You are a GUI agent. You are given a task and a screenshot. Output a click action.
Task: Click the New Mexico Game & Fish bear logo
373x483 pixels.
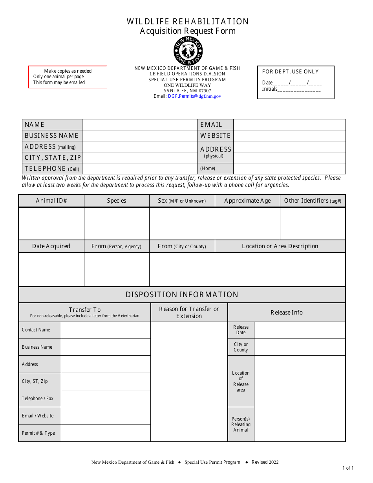[x=188, y=51]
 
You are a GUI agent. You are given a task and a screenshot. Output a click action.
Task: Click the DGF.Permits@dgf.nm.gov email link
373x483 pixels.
[x=194, y=96]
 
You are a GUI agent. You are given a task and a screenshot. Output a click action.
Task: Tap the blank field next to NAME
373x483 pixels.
[x=140, y=124]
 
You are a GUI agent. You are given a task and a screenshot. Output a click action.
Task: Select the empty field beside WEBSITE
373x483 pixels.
[x=289, y=135]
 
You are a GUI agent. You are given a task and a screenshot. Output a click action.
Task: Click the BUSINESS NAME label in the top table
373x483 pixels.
[x=52, y=135]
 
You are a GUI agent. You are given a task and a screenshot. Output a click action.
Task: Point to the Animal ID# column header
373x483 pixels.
[x=51, y=201]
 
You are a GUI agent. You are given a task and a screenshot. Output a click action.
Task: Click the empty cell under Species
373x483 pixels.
[x=117, y=223]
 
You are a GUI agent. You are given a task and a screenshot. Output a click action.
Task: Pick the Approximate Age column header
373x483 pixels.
[x=247, y=201]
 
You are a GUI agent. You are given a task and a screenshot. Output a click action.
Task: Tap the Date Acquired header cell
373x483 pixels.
[x=51, y=246]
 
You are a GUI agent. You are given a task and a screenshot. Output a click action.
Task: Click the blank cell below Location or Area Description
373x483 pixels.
[x=280, y=269]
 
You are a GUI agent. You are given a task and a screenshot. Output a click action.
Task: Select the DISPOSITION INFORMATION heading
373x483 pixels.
[x=182, y=295]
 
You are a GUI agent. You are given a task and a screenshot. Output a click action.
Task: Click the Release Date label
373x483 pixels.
[x=241, y=330]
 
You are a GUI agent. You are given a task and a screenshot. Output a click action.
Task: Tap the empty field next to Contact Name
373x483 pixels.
[x=106, y=330]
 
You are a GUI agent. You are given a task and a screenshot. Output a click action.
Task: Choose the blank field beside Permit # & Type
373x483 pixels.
[x=106, y=433]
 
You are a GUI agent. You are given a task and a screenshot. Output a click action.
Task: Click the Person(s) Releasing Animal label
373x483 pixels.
[x=241, y=424]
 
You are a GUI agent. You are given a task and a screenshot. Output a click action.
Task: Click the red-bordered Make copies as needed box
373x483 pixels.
[x=68, y=77]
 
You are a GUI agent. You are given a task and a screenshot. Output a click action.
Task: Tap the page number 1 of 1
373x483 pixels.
[x=348, y=468]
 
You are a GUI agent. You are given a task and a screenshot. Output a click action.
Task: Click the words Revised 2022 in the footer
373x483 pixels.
[x=265, y=462]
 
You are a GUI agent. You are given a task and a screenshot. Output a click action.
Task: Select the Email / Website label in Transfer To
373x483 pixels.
[x=38, y=416]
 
